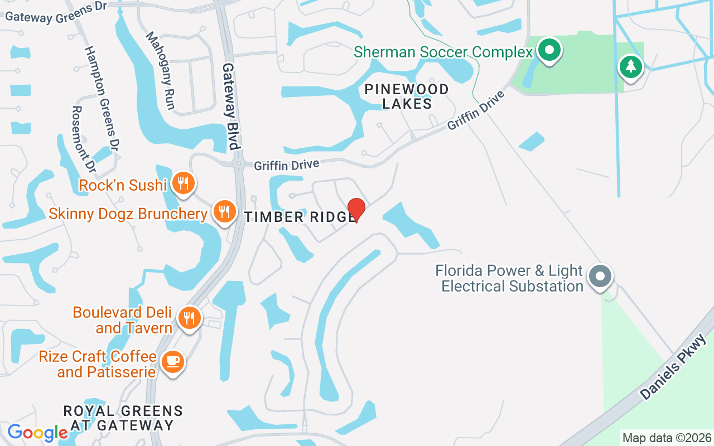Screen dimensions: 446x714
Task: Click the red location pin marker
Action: (356, 210)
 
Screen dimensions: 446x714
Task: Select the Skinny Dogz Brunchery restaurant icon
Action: (224, 212)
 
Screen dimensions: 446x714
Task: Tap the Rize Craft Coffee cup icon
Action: (172, 361)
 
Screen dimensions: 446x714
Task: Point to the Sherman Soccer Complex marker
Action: (549, 51)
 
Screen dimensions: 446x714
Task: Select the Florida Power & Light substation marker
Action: (600, 276)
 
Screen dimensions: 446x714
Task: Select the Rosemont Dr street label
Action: (84, 139)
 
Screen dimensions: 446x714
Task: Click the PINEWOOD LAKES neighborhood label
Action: (406, 96)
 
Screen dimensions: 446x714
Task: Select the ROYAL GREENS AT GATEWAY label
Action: (123, 418)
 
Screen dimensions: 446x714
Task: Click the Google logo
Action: (37, 433)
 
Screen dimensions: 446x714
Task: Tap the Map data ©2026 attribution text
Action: (667, 438)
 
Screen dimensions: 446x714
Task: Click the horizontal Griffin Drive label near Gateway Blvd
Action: (287, 165)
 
